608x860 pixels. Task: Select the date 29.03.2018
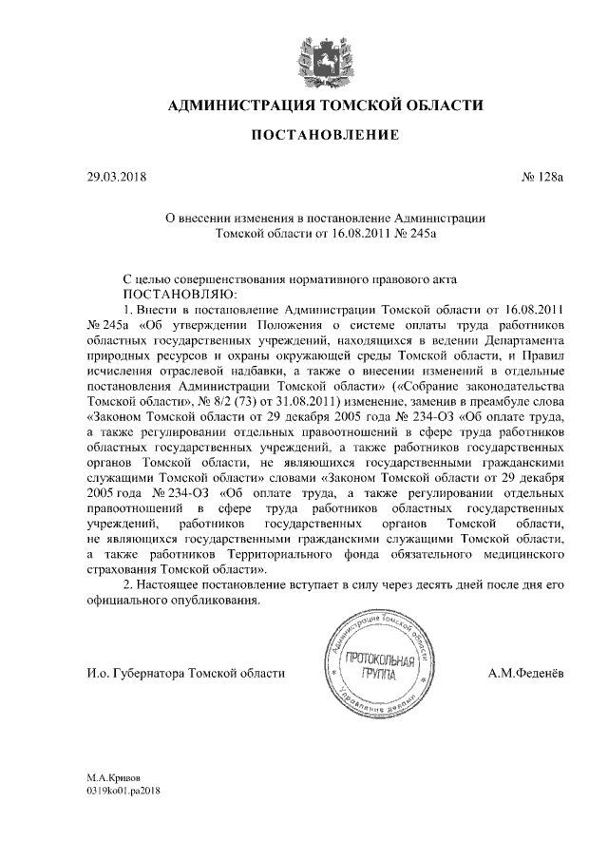coord(116,177)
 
